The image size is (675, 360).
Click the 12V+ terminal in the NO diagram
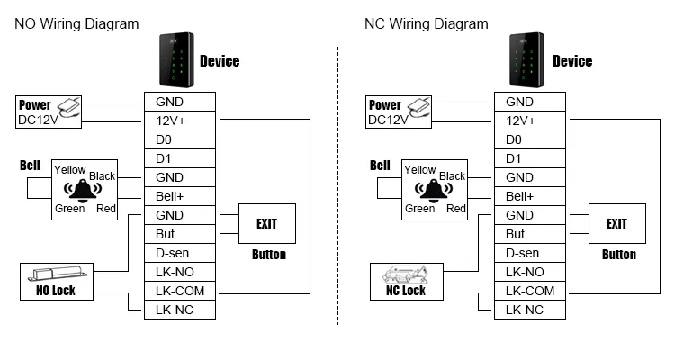(x=179, y=121)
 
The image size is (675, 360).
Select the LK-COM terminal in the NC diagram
(x=529, y=291)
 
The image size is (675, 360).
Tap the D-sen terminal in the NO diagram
(x=179, y=253)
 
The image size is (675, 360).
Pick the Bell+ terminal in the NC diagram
(x=529, y=196)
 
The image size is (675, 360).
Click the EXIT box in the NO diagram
(x=266, y=223)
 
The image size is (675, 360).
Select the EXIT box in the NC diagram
(x=616, y=223)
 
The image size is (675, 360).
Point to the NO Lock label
(x=56, y=291)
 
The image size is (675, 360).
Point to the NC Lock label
(x=406, y=291)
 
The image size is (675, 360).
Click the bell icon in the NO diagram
(x=84, y=190)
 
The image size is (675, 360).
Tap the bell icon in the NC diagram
(x=434, y=190)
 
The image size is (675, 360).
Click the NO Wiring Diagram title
(x=76, y=24)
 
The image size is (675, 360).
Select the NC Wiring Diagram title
(x=427, y=24)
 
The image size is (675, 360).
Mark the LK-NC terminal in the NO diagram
(x=179, y=310)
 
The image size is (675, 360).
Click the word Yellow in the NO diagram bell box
(x=70, y=170)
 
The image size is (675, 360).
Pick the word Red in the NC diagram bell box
(x=455, y=209)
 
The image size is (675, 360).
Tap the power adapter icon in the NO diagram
(x=71, y=109)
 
